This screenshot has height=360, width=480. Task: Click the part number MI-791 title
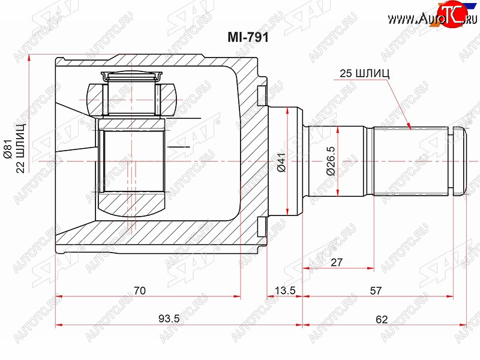point(248,37)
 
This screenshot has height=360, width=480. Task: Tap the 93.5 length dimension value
point(169,319)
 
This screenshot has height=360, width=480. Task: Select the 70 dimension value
point(140,290)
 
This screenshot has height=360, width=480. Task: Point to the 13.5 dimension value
point(285,290)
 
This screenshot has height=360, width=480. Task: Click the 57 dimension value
point(376,290)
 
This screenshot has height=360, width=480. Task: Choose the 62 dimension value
point(382,319)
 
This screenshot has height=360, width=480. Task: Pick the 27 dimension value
point(337,262)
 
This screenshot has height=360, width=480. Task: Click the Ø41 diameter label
point(281,162)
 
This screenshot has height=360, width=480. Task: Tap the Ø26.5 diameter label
point(331,161)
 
